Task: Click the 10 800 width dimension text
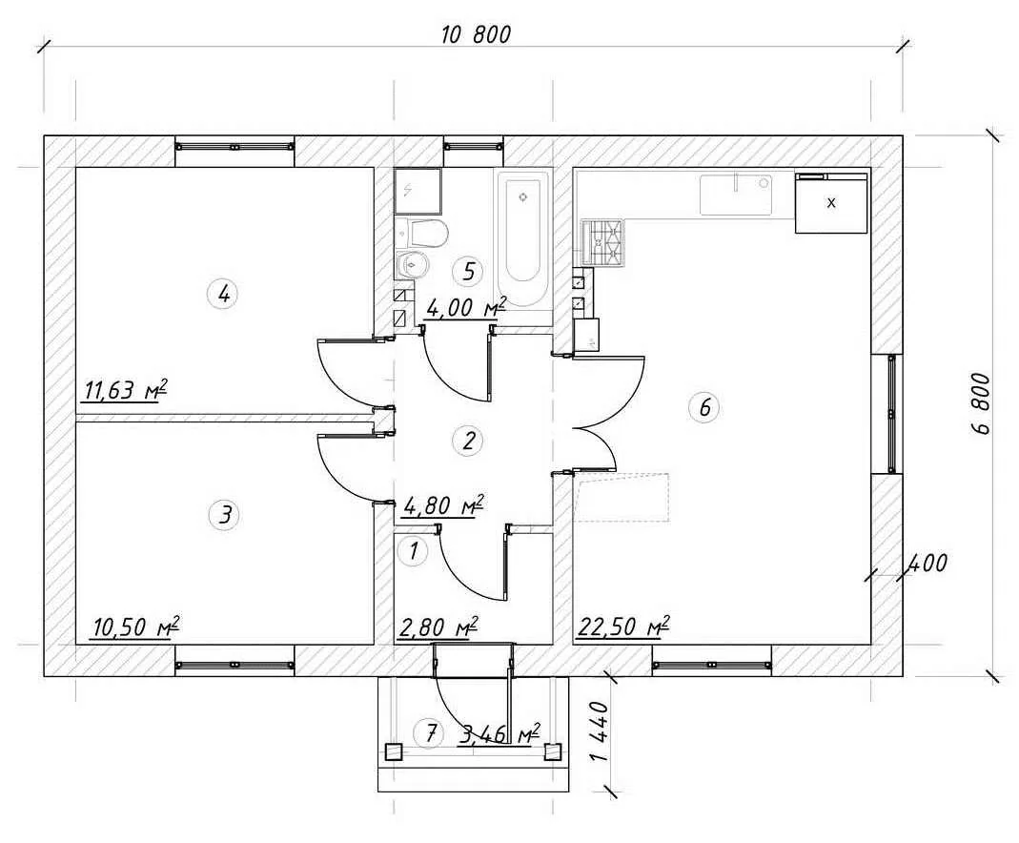click(477, 34)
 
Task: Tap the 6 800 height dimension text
click(981, 403)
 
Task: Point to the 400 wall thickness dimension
click(927, 563)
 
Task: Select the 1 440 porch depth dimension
click(600, 730)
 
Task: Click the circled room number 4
click(224, 294)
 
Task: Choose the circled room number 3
click(225, 515)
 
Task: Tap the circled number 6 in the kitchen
click(704, 407)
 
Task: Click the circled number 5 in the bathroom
click(469, 271)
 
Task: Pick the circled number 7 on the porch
click(430, 734)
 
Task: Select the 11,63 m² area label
click(126, 390)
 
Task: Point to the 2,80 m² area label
click(439, 627)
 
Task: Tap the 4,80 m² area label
click(444, 505)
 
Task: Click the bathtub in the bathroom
click(523, 240)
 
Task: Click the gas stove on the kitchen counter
click(602, 243)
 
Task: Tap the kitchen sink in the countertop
click(736, 195)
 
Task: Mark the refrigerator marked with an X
click(832, 203)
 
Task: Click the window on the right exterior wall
click(891, 413)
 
